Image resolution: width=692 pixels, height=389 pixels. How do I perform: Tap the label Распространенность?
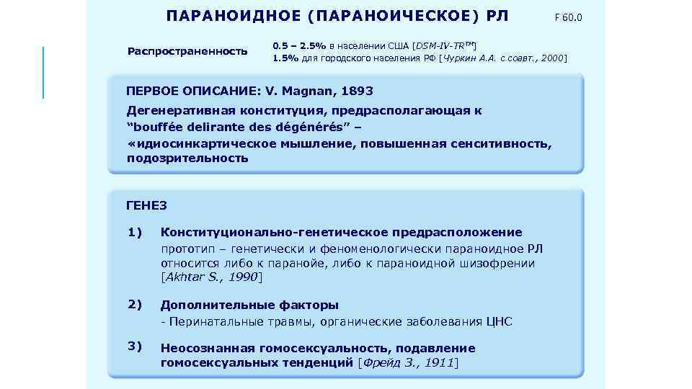click(x=187, y=51)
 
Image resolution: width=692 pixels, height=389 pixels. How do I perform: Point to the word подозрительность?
click(x=187, y=158)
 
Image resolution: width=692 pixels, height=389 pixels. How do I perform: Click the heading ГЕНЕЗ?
click(x=146, y=205)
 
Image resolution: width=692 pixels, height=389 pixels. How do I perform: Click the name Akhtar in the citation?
click(x=186, y=277)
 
